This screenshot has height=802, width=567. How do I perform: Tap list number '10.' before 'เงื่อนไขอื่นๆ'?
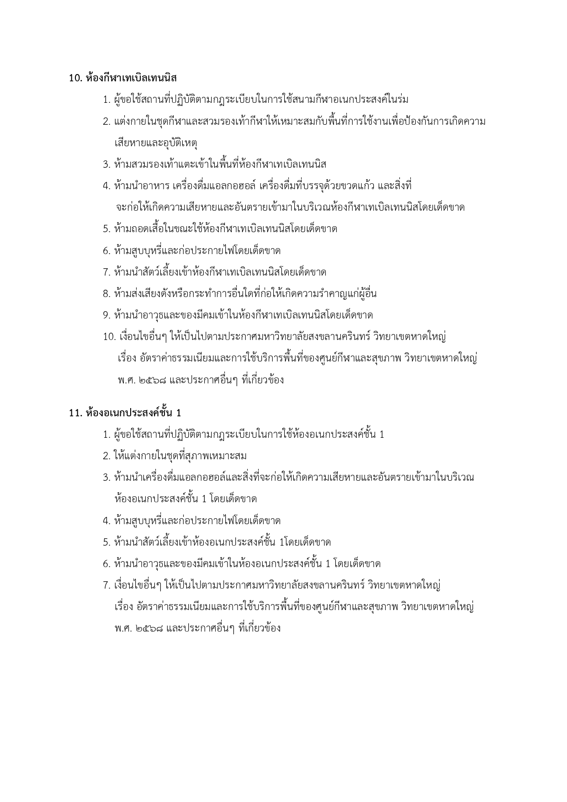pos(109,337)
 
